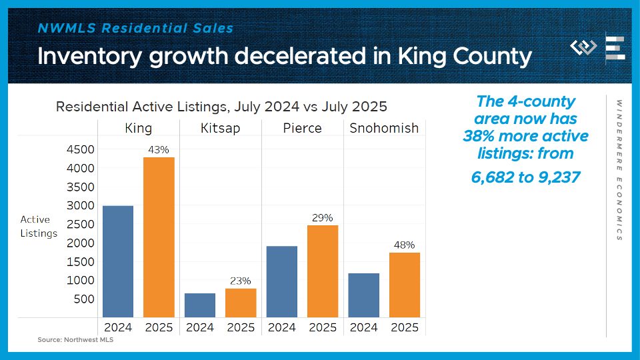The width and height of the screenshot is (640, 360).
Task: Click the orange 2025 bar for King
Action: point(159,237)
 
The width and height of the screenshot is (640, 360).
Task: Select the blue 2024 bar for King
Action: point(118,261)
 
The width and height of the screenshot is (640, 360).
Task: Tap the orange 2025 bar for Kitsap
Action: point(241,303)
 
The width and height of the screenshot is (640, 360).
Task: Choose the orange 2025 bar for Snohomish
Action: point(405,285)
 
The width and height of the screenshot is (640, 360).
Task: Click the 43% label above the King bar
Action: point(159,150)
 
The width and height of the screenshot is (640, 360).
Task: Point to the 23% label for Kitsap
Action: point(241,281)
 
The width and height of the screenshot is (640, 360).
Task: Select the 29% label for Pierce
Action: point(323,218)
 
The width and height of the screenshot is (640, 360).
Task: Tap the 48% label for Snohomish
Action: point(405,245)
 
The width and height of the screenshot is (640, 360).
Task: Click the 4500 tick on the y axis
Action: point(81,149)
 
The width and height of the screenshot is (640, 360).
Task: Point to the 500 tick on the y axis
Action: point(85,299)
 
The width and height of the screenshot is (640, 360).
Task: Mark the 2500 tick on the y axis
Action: point(81,224)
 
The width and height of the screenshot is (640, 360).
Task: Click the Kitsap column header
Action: point(220,127)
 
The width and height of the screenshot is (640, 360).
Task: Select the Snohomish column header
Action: point(384,127)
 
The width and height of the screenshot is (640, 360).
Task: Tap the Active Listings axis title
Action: point(39,226)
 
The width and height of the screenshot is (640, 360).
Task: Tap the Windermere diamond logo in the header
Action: point(584,47)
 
